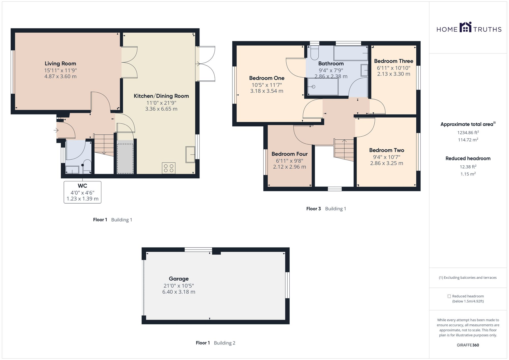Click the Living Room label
pos(60,64)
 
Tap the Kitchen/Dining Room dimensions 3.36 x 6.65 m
pos(161,109)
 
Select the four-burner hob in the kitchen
pos(168,168)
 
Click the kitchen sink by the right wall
pos(190,154)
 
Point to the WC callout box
pos(82,192)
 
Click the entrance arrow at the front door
pos(56,131)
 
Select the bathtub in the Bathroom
pos(351,53)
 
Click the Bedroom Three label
pos(393,61)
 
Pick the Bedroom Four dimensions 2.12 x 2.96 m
pos(290,167)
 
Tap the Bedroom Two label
pos(387,150)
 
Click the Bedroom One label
pos(267,78)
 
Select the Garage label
pos(179,279)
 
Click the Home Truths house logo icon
pos(465,27)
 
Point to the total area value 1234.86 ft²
pos(468,133)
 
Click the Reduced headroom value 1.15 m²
pos(468,174)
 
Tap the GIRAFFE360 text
pos(468,345)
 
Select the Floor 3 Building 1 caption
pos(326,209)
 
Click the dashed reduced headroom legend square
pos(449,296)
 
